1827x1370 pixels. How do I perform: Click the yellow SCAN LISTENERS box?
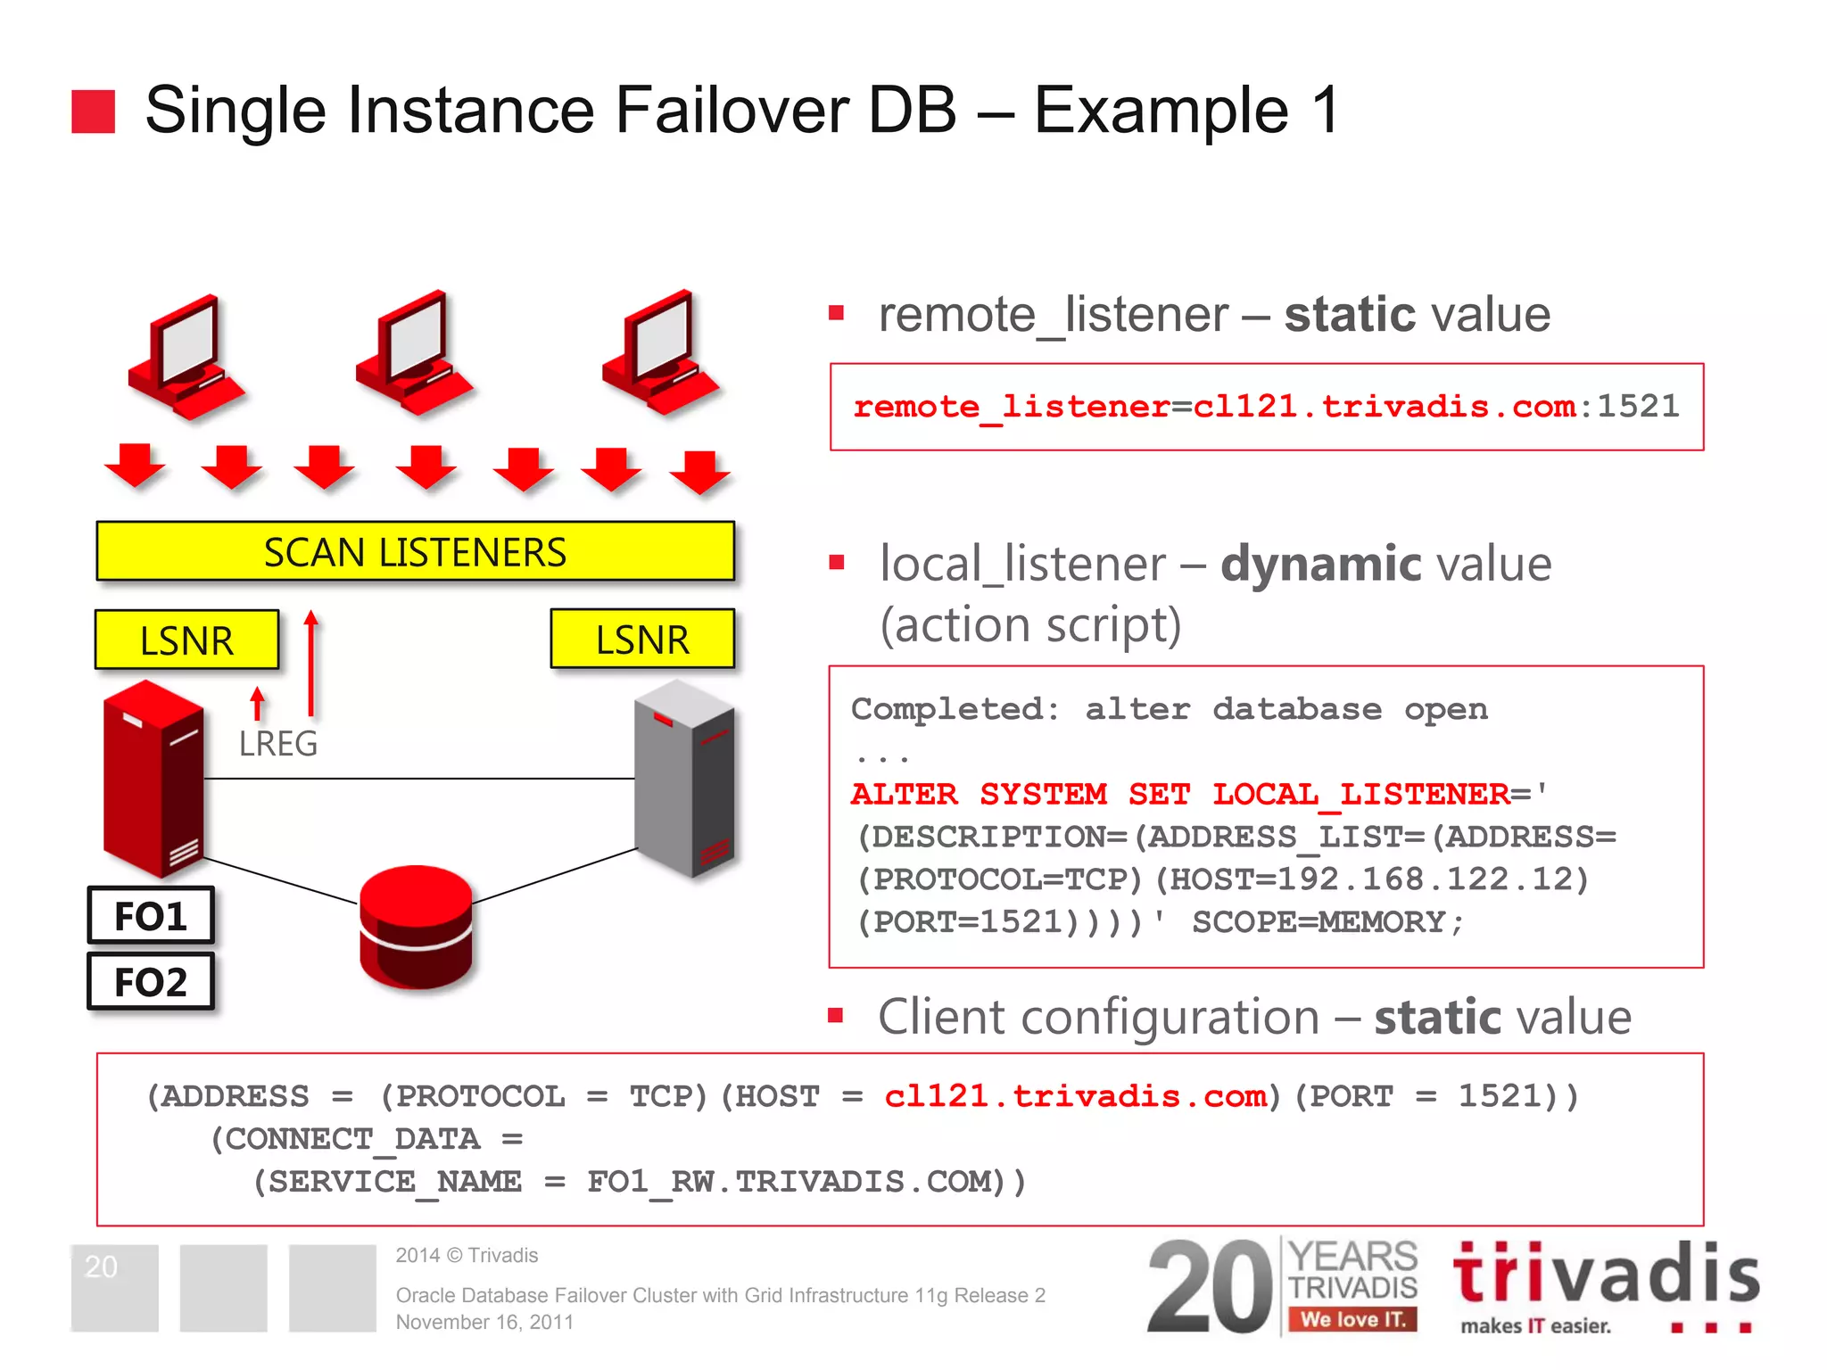coord(415,552)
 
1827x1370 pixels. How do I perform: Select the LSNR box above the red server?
coord(186,640)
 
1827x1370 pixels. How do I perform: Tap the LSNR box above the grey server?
coord(642,640)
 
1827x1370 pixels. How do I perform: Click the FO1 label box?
coord(151,916)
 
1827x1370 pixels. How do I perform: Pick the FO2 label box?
coord(151,982)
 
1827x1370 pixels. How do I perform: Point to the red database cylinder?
coord(416,927)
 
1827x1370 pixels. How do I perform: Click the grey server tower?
coord(685,778)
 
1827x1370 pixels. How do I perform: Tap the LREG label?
coord(277,744)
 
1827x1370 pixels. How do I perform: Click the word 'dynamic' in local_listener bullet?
coord(1321,565)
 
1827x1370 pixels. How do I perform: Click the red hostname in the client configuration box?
coord(1075,1096)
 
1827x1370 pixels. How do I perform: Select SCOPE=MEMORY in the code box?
coord(1327,922)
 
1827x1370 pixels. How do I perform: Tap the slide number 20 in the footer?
coord(101,1267)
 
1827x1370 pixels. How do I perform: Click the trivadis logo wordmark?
coord(1606,1275)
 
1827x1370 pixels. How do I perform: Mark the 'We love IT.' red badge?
coord(1352,1319)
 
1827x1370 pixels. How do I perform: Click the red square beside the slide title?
coord(94,111)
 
